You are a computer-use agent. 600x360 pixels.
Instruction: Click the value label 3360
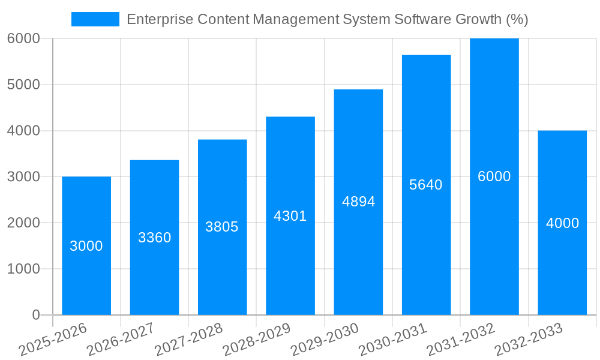click(x=154, y=238)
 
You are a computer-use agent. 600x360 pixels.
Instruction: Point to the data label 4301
click(x=290, y=216)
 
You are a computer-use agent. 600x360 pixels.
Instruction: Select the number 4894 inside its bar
click(x=358, y=202)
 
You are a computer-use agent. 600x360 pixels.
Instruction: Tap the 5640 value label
click(x=425, y=185)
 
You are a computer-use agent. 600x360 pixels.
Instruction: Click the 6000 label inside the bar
click(x=494, y=176)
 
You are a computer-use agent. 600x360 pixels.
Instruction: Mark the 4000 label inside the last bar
click(x=562, y=223)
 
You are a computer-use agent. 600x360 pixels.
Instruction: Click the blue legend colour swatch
click(x=95, y=19)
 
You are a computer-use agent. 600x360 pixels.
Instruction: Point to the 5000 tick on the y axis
click(x=23, y=85)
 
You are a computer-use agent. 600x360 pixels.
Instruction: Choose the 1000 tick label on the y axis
click(x=23, y=269)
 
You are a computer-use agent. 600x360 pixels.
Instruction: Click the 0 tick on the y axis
click(x=35, y=315)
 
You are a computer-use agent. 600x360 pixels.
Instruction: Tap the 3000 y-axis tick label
click(x=23, y=177)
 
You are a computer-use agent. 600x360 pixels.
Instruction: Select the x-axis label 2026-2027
click(x=121, y=339)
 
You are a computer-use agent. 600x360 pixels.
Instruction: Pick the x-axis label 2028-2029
click(x=257, y=339)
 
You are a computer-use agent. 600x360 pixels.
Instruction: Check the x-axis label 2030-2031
click(x=393, y=339)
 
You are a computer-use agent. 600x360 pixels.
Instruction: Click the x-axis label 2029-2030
click(x=325, y=339)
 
